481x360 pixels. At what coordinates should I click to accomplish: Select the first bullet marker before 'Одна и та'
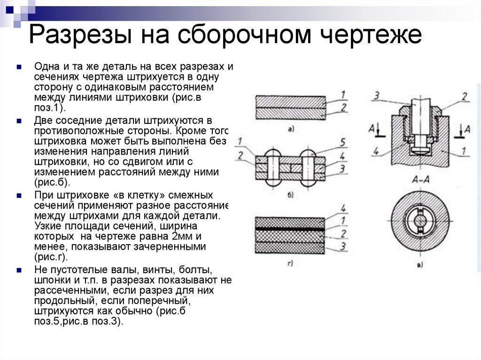tap(18, 67)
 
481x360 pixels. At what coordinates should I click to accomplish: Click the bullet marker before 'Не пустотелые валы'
tap(18, 271)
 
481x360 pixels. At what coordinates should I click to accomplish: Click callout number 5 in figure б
tap(343, 141)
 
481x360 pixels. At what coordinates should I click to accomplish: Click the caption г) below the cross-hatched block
tap(290, 263)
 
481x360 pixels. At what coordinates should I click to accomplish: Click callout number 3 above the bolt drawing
tap(376, 96)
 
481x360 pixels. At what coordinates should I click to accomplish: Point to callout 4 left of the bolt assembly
tap(376, 151)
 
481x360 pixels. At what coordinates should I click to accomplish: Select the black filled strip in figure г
tap(289, 229)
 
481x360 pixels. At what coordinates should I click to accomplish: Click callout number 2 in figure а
tap(343, 108)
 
